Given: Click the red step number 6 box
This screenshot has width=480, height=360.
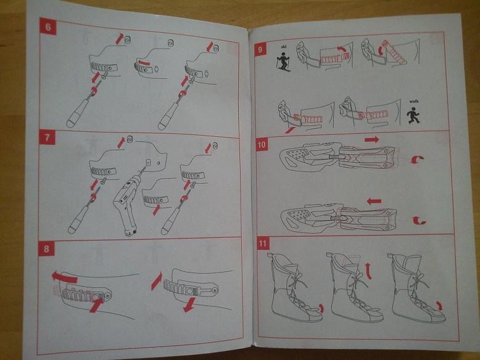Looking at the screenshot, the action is click(x=48, y=27).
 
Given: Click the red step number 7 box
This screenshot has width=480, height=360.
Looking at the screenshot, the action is click(x=47, y=137).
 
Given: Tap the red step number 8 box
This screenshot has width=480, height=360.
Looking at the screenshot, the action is click(x=46, y=248).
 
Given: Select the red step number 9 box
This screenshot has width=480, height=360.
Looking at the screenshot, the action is click(x=260, y=49).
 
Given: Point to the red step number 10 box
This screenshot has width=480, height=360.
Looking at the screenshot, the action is click(x=262, y=144).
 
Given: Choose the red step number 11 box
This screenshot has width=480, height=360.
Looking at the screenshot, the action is click(x=263, y=243).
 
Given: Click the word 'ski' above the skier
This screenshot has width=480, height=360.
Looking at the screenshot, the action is click(x=283, y=47).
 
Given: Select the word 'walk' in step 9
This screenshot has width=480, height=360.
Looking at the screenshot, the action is click(x=414, y=101).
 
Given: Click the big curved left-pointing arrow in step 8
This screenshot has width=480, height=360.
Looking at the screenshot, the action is click(x=64, y=277).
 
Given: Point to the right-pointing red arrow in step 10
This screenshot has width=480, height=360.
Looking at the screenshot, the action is click(x=372, y=139).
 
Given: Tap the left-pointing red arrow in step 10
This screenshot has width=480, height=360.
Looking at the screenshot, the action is click(x=374, y=202).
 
